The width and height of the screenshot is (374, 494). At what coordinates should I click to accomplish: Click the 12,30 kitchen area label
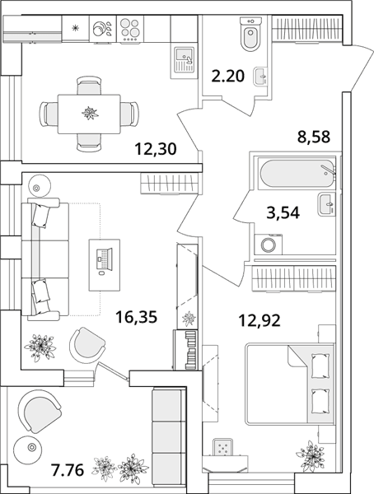[x=156, y=149]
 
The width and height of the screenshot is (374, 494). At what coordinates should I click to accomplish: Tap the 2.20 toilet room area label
[x=227, y=77]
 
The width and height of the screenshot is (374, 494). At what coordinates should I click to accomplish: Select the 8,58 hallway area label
[x=314, y=137]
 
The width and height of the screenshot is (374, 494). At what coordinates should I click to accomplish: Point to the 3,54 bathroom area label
[x=283, y=212]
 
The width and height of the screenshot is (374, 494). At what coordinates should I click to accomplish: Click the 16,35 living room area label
[x=136, y=317]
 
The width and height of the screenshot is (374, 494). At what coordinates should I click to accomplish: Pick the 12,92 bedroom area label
[x=259, y=321]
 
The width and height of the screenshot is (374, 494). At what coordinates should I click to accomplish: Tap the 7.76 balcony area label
[x=68, y=471]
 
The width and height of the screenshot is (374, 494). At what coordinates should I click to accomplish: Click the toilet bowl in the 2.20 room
[x=250, y=34]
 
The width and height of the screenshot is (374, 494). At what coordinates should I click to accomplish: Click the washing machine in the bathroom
[x=268, y=245]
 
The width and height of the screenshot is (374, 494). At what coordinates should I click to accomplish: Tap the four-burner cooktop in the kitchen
[x=130, y=29]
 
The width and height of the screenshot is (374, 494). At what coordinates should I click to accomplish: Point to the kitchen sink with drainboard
[x=184, y=61]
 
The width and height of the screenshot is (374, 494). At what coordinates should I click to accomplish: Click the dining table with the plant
[x=89, y=114]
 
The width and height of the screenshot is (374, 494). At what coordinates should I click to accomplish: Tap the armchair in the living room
[x=87, y=345]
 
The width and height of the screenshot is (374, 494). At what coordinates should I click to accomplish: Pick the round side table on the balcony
[x=31, y=447]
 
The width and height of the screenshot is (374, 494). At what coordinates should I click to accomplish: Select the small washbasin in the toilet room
[x=259, y=76]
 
